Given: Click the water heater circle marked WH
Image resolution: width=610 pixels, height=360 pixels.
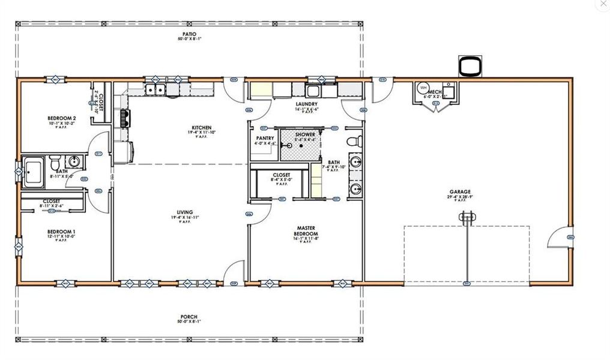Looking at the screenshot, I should tap(423, 87).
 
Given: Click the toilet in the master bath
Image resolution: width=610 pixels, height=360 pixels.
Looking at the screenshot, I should tap(356, 142).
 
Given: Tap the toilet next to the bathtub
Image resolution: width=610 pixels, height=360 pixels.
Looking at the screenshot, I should tap(55, 163).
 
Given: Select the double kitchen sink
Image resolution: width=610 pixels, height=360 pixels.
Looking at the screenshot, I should tap(156, 90).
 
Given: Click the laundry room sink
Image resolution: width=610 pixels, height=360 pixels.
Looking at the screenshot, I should tap(312, 91).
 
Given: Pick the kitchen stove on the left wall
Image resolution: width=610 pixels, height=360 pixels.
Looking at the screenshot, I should tap(125, 117).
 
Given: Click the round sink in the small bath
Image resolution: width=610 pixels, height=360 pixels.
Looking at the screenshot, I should tap(74, 161).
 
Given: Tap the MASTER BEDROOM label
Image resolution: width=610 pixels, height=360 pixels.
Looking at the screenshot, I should tap(306, 231).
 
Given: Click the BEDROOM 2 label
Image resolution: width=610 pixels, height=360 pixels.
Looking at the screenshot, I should tap(61, 118).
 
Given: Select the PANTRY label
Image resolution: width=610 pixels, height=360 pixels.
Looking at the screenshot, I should tap(265, 138).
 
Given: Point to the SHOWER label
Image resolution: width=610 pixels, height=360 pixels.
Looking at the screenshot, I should tap(305, 134).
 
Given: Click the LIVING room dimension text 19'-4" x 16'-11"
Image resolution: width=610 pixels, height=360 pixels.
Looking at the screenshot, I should tap(185, 218).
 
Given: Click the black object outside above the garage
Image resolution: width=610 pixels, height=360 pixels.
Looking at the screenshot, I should tap(470, 65).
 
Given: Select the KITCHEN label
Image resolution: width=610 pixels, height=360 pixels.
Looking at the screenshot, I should tap(201, 128).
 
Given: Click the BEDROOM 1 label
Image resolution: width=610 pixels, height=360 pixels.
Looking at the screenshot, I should tap(61, 232).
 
